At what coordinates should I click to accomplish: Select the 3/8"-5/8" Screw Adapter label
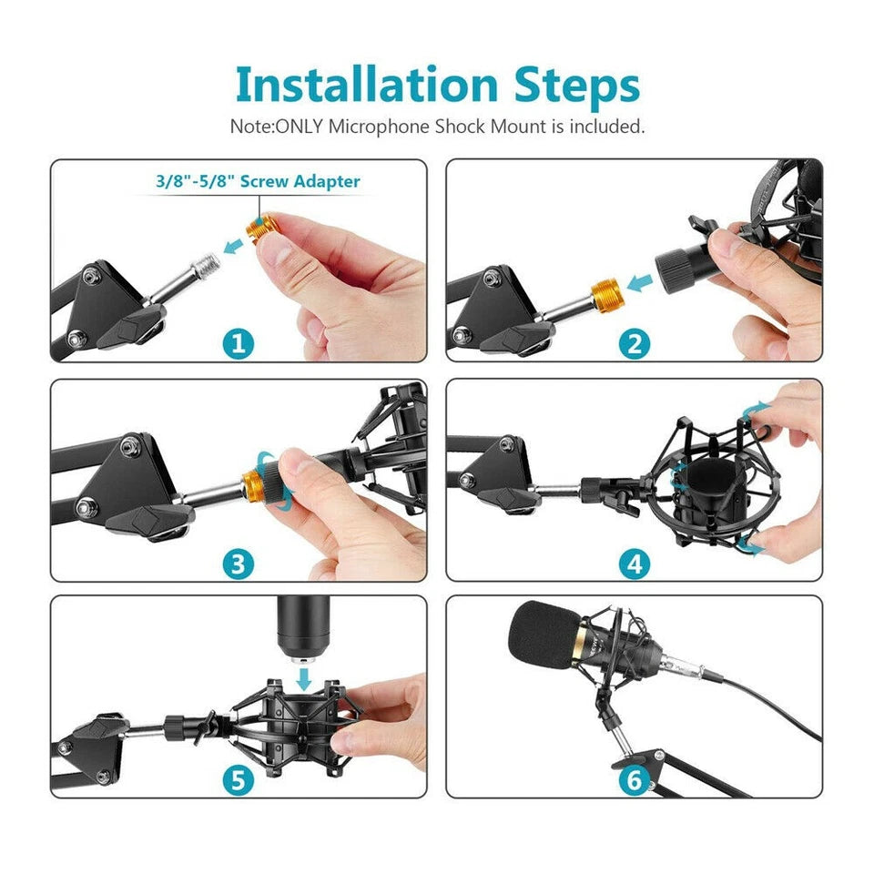coord(258,181)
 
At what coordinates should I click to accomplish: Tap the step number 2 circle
coord(635,343)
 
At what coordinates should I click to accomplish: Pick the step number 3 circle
coord(239,564)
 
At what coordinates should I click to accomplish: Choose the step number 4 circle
coord(635,564)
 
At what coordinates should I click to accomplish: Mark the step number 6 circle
coord(635,780)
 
